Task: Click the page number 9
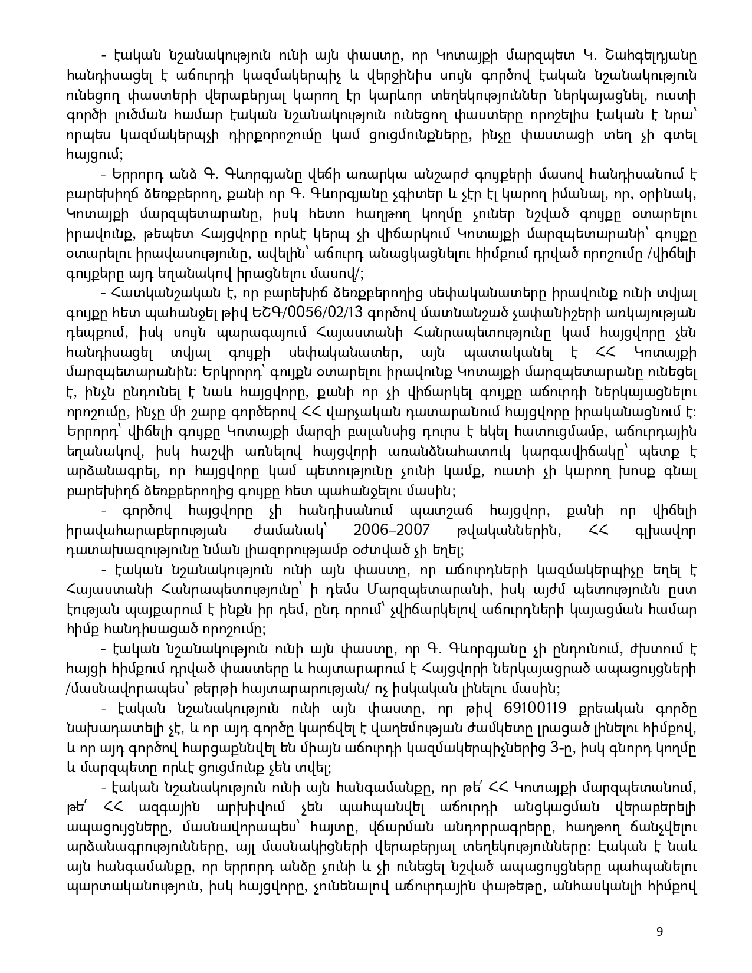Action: [x=659, y=932]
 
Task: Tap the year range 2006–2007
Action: [x=391, y=531]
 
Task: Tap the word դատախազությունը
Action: [x=134, y=551]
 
